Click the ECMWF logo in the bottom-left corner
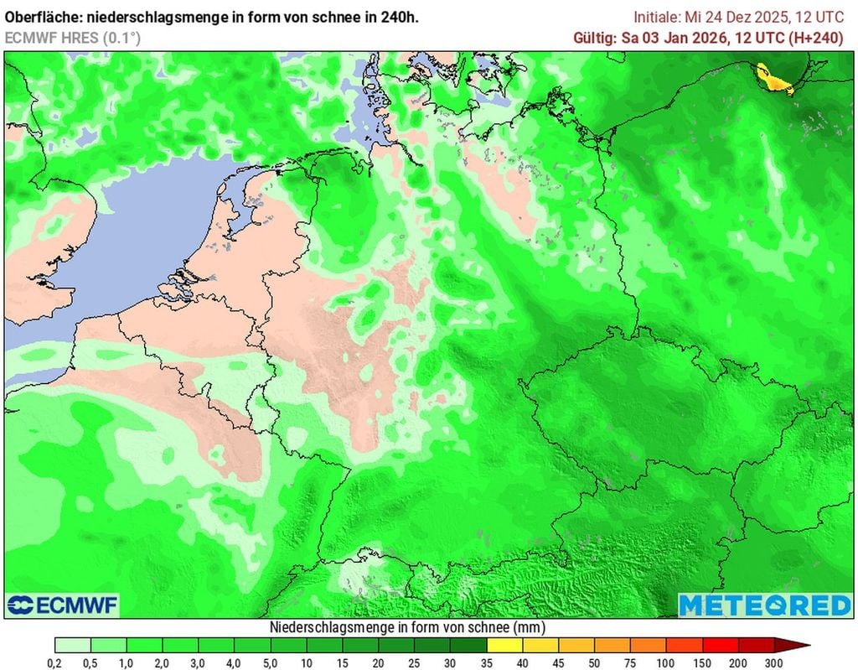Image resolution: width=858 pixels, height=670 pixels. tap(63, 605)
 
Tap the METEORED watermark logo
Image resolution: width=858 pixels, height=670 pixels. tap(764, 605)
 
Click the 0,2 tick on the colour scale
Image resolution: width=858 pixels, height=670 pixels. tap(55, 662)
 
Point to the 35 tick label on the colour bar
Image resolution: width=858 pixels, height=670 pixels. tap(486, 662)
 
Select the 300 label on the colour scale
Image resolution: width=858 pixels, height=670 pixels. tap(773, 662)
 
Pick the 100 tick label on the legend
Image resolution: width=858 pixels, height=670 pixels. tap(665, 662)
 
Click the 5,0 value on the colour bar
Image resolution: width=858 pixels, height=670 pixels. tap(271, 662)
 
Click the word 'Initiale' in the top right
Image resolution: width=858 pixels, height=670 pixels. tap(656, 17)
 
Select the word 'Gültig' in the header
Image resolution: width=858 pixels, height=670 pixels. tap(592, 38)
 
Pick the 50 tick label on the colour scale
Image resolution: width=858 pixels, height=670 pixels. tap(593, 662)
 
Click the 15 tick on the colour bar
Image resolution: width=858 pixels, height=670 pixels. tap(343, 662)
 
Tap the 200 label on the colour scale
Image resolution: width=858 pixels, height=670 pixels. tap(737, 662)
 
